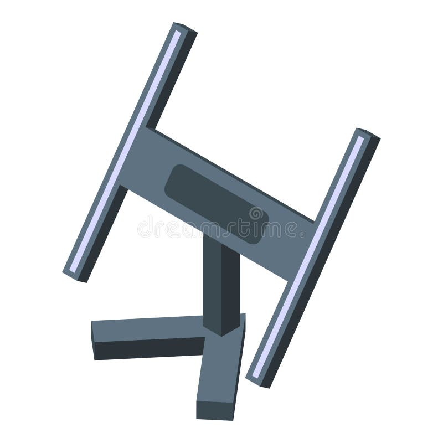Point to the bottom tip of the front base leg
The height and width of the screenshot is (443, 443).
tap(213, 413)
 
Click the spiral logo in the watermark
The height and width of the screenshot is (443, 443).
tap(255, 214)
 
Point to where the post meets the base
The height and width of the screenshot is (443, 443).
tap(221, 329)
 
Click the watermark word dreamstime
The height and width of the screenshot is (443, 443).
tap(221, 227)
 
